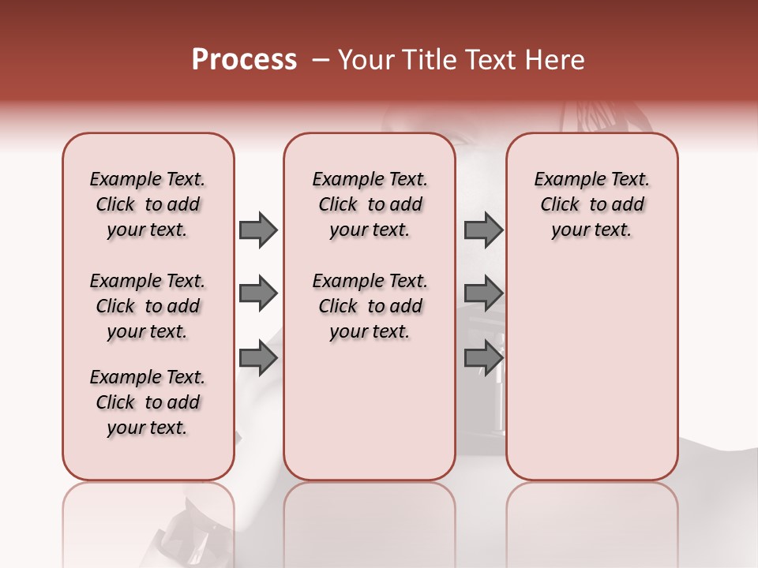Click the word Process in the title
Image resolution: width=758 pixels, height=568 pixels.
pyautogui.click(x=244, y=60)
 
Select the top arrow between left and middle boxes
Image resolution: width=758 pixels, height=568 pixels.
pyautogui.click(x=258, y=230)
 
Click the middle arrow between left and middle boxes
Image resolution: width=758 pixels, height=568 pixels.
pyautogui.click(x=258, y=293)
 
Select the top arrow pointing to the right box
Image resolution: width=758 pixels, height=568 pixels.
pyautogui.click(x=483, y=230)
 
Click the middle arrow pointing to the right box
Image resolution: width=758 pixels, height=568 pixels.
pyautogui.click(x=483, y=293)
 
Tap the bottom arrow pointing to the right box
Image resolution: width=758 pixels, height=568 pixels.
pyautogui.click(x=483, y=357)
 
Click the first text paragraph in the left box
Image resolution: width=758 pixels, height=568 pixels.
pyautogui.click(x=148, y=204)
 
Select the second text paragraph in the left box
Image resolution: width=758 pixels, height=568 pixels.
pyautogui.click(x=148, y=306)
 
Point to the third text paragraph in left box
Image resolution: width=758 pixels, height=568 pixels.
pyautogui.click(x=148, y=402)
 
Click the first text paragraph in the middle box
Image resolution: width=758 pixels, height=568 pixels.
pyautogui.click(x=370, y=204)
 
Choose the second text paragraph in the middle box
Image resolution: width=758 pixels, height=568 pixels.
pyautogui.click(x=370, y=306)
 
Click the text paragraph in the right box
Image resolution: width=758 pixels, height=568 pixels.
pyautogui.click(x=591, y=204)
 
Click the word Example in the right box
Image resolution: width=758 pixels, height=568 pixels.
pyautogui.click(x=566, y=179)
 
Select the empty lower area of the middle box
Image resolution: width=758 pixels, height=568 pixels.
pyautogui.click(x=370, y=410)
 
